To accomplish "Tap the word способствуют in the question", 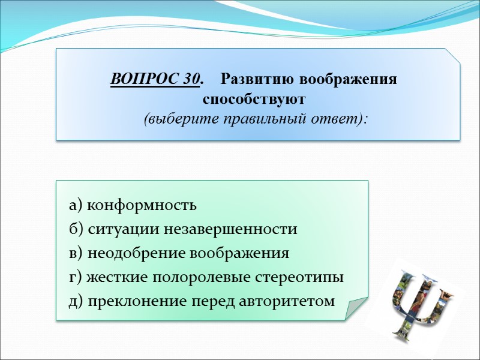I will [x=254, y=98].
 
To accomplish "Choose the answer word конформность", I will [x=142, y=206].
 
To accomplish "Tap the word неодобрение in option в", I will [x=137, y=253].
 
